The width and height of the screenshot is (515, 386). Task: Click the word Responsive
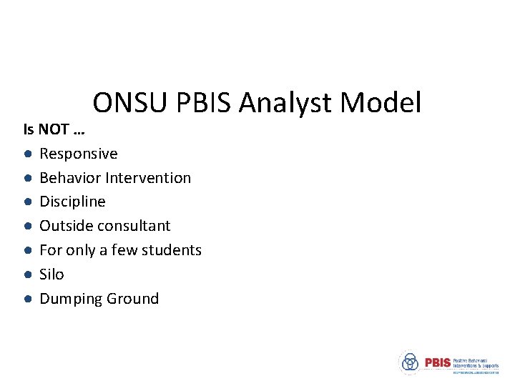(x=79, y=154)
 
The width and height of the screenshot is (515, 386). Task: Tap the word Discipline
(x=72, y=202)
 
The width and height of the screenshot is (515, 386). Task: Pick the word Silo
(x=51, y=274)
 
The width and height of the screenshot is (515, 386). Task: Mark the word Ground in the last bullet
(x=132, y=299)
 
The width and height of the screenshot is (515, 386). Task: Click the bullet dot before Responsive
(x=26, y=154)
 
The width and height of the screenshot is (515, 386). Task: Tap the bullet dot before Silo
(x=26, y=275)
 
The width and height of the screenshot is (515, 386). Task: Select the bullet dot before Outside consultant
(x=26, y=227)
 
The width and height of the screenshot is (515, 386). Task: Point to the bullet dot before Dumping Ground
(x=26, y=300)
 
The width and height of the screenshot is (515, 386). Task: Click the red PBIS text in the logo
(x=438, y=362)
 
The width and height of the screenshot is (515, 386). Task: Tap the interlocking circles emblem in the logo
(x=410, y=362)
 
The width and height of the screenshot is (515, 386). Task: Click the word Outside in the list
(x=64, y=226)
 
